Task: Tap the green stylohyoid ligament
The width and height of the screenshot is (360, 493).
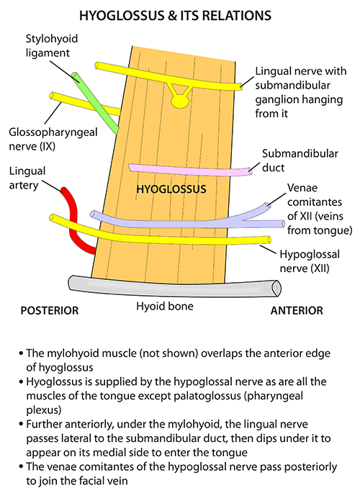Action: [97, 101]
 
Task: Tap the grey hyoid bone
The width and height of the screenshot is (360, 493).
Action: [173, 286]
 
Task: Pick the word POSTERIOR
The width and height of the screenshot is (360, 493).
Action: [49, 311]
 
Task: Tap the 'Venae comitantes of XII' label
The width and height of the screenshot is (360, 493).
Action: [310, 209]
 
